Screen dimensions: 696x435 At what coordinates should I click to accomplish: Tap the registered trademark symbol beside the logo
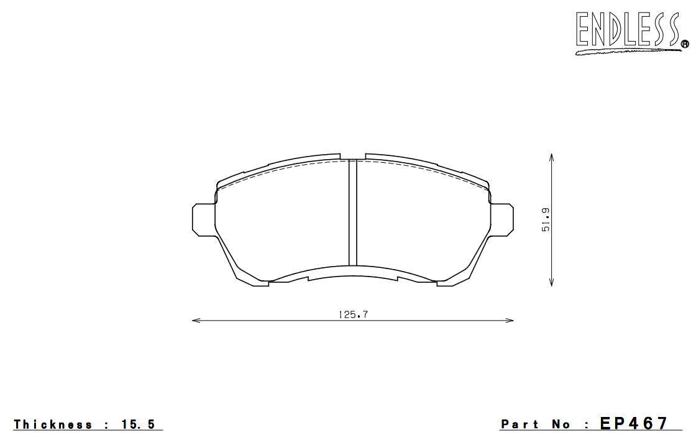(x=685, y=43)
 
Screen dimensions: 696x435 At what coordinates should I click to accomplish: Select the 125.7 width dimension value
(x=354, y=314)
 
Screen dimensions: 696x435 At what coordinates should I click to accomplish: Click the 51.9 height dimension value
(x=546, y=220)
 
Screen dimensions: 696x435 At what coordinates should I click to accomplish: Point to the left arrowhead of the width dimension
(x=196, y=320)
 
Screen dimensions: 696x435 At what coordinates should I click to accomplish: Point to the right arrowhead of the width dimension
(x=509, y=320)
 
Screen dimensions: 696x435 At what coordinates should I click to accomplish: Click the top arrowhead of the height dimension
(x=551, y=158)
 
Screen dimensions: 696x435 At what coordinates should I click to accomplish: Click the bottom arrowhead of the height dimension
(x=551, y=282)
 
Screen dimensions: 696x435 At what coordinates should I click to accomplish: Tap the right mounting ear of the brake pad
(x=501, y=220)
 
